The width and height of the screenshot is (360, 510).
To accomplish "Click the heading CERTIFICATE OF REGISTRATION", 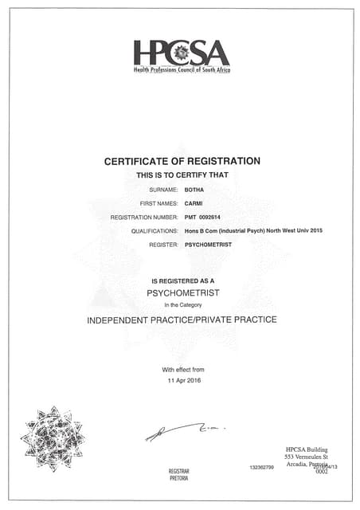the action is point(182,161).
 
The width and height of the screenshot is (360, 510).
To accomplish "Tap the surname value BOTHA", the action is point(195,190).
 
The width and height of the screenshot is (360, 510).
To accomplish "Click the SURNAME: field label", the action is point(163,190).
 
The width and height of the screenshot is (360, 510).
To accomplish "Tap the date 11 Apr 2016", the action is point(183,381).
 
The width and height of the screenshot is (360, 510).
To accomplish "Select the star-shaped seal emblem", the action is point(53,437).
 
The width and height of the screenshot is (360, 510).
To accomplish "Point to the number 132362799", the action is point(261,466).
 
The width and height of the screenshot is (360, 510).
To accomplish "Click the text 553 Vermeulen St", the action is point(307,456).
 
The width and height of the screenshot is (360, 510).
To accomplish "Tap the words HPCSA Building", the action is point(307,448).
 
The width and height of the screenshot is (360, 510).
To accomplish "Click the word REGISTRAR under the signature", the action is point(179,472).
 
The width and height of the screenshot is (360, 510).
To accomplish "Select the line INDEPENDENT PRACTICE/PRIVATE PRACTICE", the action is point(182,320).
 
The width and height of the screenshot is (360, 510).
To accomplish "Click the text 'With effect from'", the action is point(183,370).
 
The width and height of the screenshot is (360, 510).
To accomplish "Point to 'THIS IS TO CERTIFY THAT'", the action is point(182,174).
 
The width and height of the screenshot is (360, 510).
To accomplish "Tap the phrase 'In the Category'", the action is point(182,305).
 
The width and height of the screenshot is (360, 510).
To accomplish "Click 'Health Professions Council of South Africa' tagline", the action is point(181,71).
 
